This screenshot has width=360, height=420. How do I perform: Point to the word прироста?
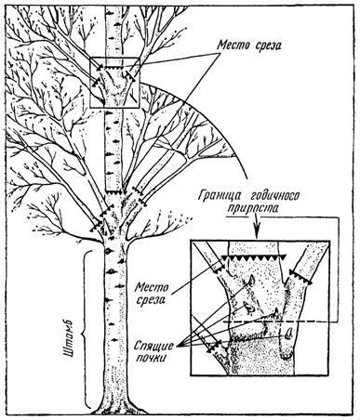[x=253, y=209]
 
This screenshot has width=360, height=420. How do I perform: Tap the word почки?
[x=151, y=358]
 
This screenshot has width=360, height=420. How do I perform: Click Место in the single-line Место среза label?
[x=233, y=46]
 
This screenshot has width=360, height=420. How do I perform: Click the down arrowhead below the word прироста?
[x=257, y=233]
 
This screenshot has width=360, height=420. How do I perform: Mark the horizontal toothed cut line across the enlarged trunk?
[x=254, y=256]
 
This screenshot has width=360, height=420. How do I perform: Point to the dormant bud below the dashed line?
[x=288, y=333]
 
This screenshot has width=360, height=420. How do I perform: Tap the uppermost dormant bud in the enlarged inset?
[x=252, y=281]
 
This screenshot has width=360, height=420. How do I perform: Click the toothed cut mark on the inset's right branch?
[x=300, y=277]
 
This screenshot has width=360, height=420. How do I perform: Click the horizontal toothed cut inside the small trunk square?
[x=114, y=67]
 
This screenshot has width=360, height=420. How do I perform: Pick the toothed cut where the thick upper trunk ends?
[x=113, y=192]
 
